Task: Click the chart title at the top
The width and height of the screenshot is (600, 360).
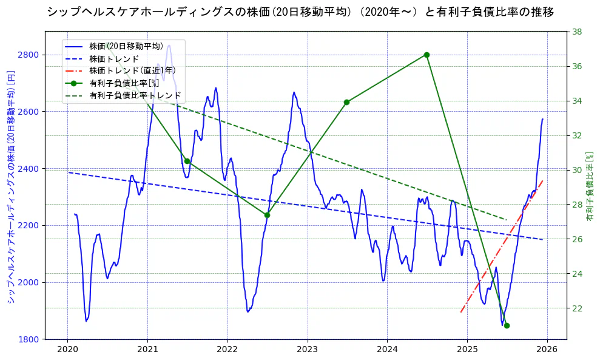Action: [x=300, y=12]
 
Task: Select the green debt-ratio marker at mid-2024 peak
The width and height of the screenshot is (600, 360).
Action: [x=426, y=55]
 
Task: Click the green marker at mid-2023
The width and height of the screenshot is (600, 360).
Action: [x=346, y=102]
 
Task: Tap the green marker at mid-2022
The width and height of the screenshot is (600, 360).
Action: [x=267, y=215]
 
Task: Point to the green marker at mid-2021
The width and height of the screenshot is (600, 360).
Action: [x=187, y=161]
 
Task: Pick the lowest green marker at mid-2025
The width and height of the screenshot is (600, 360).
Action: [x=507, y=325]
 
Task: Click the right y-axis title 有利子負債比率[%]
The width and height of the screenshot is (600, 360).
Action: [x=589, y=186]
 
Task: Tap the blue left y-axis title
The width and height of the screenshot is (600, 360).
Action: [x=10, y=186]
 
